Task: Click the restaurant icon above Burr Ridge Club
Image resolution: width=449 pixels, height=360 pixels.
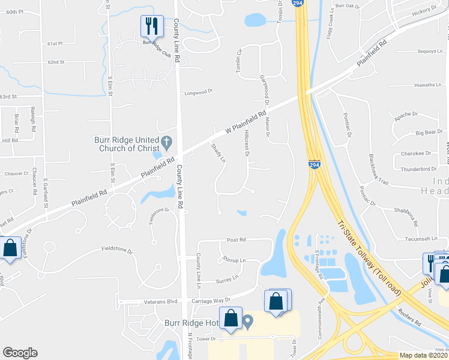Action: (x=152, y=25)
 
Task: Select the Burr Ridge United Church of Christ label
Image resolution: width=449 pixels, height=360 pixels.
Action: (x=126, y=144)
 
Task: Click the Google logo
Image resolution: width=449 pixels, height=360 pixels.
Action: (x=20, y=352)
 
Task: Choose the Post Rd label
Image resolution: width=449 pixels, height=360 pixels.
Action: (x=236, y=239)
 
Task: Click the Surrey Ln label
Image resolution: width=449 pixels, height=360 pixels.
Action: (x=227, y=278)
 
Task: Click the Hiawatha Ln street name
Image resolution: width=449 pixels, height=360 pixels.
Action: (x=427, y=85)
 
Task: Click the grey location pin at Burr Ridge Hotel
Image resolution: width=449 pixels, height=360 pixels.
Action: (x=247, y=323)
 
